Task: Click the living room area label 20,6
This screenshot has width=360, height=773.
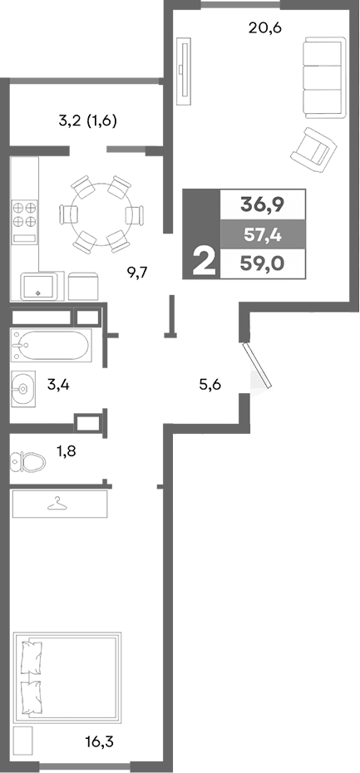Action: click(265, 27)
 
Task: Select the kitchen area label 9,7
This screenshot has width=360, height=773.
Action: click(138, 271)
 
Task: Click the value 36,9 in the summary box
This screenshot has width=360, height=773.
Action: click(260, 203)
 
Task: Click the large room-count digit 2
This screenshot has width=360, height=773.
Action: click(202, 262)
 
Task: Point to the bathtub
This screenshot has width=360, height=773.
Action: click(51, 344)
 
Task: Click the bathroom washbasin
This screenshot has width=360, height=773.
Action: click(22, 386)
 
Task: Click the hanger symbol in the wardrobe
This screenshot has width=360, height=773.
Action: click(58, 503)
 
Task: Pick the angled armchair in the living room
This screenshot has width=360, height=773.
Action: click(310, 146)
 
